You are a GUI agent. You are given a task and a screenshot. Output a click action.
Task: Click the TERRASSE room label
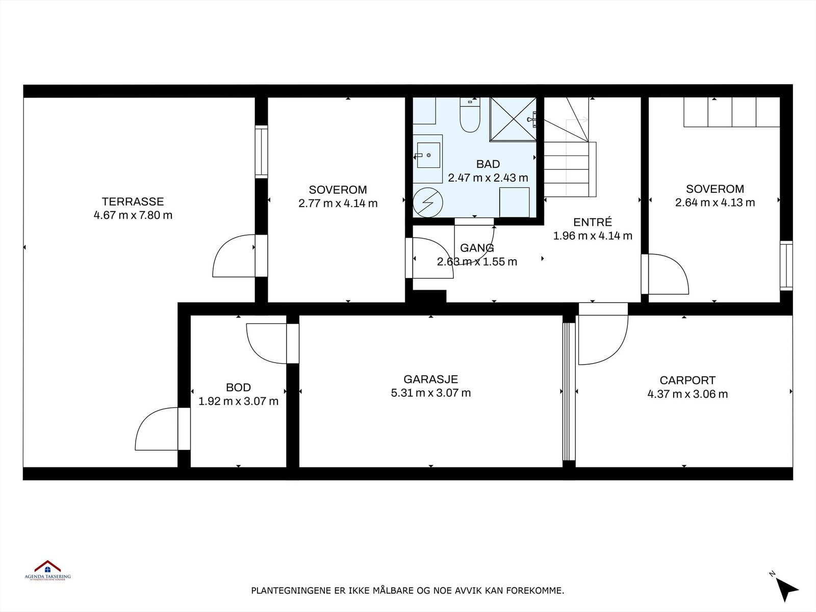click(x=133, y=201)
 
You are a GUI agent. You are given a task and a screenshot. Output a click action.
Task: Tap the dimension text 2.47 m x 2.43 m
click(x=488, y=178)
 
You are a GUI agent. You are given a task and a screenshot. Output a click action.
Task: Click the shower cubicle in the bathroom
click(x=513, y=119)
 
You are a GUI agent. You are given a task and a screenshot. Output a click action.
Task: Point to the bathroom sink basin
click(x=428, y=155)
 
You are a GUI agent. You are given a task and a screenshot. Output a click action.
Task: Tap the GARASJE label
click(x=430, y=379)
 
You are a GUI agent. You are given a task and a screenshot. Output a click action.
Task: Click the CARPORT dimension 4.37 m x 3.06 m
click(x=687, y=394)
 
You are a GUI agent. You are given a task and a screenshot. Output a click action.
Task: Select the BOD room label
click(x=238, y=388)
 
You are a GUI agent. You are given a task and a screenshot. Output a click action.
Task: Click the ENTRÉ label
click(x=592, y=222)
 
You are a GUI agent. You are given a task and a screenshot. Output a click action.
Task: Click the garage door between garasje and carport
click(x=569, y=391)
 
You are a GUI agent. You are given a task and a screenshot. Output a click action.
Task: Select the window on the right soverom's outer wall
click(x=786, y=265)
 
